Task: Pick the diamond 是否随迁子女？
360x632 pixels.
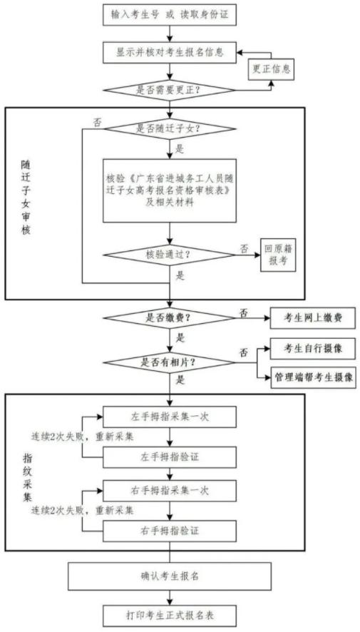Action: [x=170, y=129]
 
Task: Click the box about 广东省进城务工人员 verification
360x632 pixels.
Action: [x=170, y=190]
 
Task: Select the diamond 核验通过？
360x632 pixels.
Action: [x=170, y=255]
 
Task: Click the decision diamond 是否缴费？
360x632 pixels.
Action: [x=170, y=317]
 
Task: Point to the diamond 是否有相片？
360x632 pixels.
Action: [x=170, y=362]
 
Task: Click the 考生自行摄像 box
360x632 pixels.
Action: [x=313, y=349]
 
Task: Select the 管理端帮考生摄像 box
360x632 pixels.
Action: [x=313, y=377]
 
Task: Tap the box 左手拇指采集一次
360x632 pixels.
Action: [x=170, y=417]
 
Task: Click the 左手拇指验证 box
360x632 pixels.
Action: [x=170, y=457]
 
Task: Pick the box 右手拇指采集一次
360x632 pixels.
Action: [x=170, y=491]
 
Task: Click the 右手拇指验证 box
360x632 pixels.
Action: [x=170, y=531]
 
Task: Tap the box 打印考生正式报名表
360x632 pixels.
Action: [x=170, y=615]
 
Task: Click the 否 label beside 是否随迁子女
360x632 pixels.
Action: [x=98, y=121]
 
